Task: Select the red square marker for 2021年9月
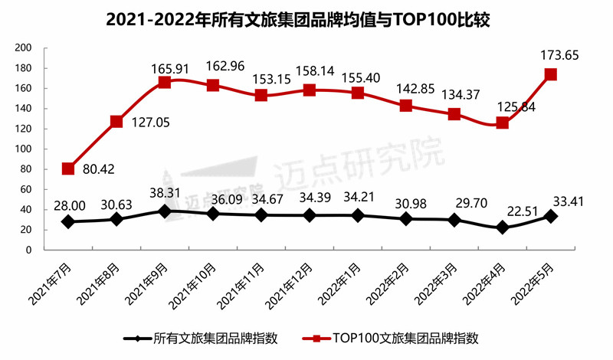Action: [165, 82]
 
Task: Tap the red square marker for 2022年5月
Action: [550, 74]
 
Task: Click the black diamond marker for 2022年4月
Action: [502, 227]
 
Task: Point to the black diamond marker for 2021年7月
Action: [68, 221]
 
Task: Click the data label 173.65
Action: [556, 54]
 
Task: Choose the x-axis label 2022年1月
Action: [342, 283]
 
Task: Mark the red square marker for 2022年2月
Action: [405, 106]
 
